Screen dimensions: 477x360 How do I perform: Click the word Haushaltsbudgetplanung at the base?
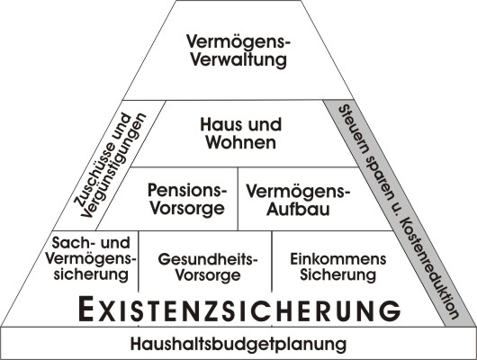tap(238, 344)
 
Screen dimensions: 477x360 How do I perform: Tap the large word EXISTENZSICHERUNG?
tap(239, 310)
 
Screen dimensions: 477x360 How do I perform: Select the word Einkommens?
tap(338, 259)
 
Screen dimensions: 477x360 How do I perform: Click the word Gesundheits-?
tap(208, 259)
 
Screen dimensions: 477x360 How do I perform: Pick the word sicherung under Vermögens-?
tap(91, 274)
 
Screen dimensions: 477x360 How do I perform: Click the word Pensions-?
tap(187, 190)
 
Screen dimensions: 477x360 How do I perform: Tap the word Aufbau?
tap(298, 210)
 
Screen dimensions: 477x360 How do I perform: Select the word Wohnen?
tap(241, 142)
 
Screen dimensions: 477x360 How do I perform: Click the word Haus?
tap(219, 124)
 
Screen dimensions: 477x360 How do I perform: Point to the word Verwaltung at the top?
tap(238, 59)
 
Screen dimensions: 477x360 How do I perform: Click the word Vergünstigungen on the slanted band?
tap(113, 166)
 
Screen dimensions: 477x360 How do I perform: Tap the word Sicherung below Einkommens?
tap(338, 274)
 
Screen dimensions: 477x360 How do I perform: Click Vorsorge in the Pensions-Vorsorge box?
tap(187, 209)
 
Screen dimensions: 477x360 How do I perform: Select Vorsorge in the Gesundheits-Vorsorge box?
tap(208, 275)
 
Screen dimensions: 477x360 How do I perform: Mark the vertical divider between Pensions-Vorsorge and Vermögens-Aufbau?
tap(238, 198)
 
